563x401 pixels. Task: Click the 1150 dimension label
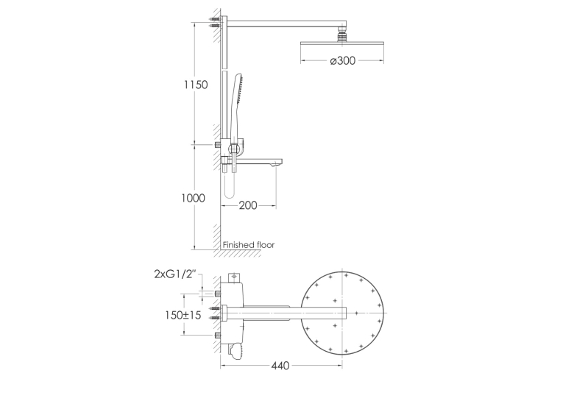196,85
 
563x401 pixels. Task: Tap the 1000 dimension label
193,198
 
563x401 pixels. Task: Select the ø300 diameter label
343,60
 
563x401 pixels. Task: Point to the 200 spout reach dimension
248,205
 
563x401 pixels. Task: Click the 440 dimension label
280,366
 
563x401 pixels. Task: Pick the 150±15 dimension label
183,315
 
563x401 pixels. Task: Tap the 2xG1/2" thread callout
176,274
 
